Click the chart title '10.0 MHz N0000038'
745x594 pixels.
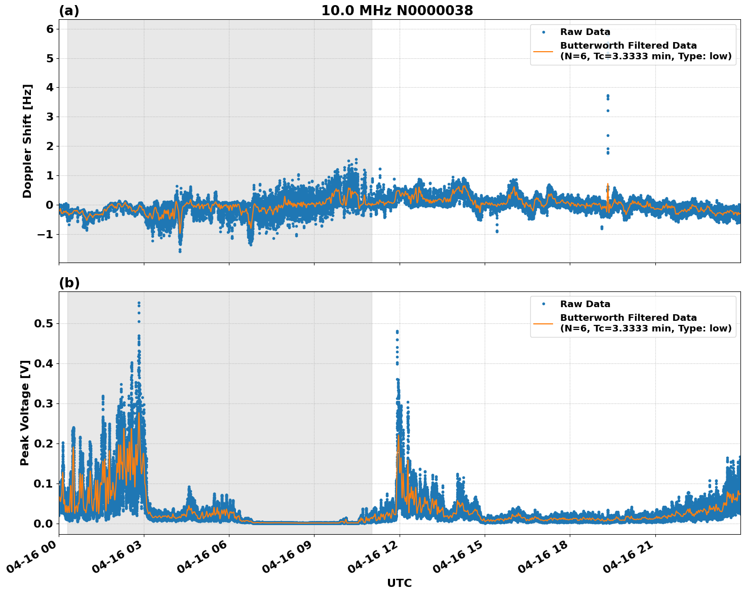point(397,11)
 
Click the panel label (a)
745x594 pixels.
point(69,11)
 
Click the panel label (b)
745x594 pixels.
point(69,283)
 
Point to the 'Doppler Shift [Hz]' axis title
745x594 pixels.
point(27,141)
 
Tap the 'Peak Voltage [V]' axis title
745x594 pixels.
point(25,413)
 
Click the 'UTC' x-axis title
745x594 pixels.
point(399,583)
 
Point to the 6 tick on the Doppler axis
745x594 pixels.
point(50,29)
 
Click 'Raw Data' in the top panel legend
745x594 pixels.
point(585,32)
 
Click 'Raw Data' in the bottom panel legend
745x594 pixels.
point(585,304)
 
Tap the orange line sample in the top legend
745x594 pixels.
point(543,51)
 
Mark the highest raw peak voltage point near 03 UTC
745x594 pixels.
point(139,303)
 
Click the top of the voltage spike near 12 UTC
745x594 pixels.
point(397,331)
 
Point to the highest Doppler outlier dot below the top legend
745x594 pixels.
point(608,95)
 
